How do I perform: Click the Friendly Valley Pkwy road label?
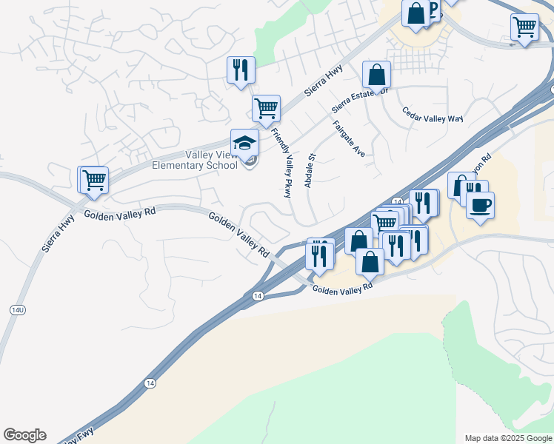tap(281, 162)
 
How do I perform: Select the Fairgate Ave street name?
tap(350, 138)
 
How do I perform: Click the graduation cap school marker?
tap(244, 143)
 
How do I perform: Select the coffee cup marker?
tap(480, 205)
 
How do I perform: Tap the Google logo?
tap(24, 435)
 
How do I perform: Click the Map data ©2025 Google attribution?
tap(508, 438)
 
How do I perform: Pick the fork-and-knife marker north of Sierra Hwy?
tap(241, 70)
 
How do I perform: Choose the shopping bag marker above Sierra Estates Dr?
tap(376, 75)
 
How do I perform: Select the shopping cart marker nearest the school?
tap(266, 108)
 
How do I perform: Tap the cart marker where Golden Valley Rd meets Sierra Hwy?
tap(94, 180)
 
